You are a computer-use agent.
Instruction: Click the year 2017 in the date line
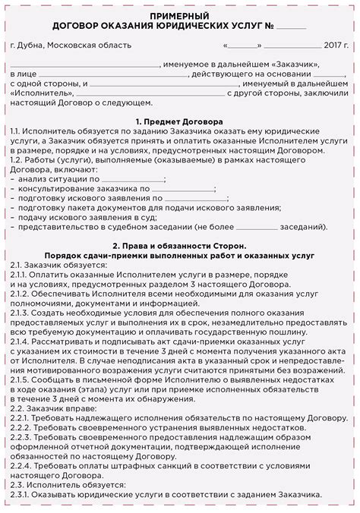pyautogui.click(x=332, y=46)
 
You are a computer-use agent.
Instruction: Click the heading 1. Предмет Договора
pyautogui.click(x=180, y=121)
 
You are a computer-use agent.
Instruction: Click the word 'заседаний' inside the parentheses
pyautogui.click(x=302, y=226)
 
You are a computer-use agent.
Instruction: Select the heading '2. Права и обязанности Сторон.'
pyautogui.click(x=180, y=246)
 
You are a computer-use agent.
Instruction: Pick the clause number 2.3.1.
pyautogui.click(x=24, y=495)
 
